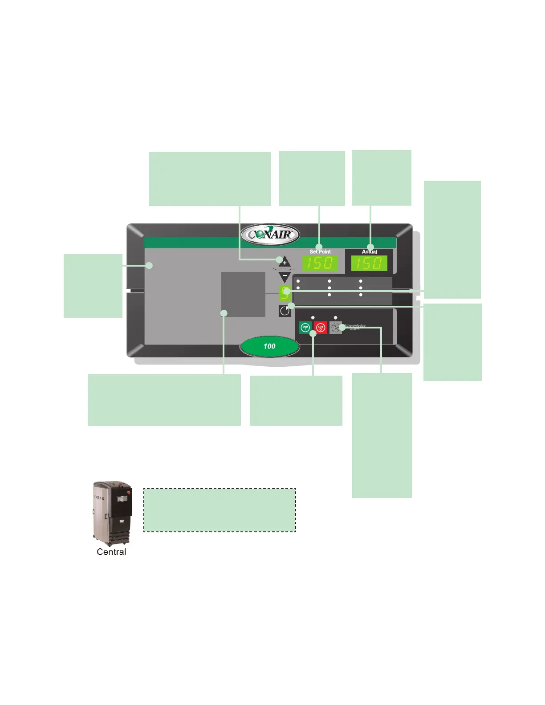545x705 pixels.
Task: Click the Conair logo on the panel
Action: click(270, 235)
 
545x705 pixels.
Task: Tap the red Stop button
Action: click(321, 328)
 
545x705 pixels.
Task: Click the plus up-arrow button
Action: click(285, 262)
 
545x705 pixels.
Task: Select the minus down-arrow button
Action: click(285, 276)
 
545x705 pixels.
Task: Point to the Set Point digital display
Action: click(320, 263)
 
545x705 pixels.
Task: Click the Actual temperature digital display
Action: click(369, 263)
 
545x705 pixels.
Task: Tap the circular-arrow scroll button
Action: click(285, 311)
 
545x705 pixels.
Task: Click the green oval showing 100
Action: click(269, 346)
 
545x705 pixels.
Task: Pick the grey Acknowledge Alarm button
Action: click(336, 328)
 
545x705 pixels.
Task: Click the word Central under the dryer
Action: click(111, 552)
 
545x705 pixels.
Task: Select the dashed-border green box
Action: click(220, 510)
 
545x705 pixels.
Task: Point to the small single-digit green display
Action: click(285, 293)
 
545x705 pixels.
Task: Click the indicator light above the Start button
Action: click(313, 318)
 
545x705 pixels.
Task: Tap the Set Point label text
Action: click(320, 252)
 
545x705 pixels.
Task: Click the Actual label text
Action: click(369, 252)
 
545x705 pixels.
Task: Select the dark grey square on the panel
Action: click(243, 294)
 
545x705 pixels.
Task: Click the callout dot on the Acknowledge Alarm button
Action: click(342, 328)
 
